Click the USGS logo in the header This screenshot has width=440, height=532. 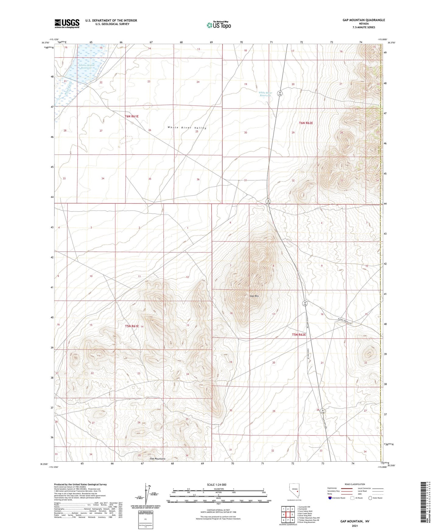67,23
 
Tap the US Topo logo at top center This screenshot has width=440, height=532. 219,25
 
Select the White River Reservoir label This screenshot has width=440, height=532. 265,94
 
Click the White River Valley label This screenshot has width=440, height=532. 187,128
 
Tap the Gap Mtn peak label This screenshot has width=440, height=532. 254,296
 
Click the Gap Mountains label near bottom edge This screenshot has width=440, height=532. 157,459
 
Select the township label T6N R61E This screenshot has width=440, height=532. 132,116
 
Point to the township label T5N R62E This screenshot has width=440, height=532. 299,335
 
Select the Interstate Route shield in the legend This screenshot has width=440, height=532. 330,498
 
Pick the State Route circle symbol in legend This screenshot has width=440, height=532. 370,498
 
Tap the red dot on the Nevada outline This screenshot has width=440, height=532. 297,491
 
